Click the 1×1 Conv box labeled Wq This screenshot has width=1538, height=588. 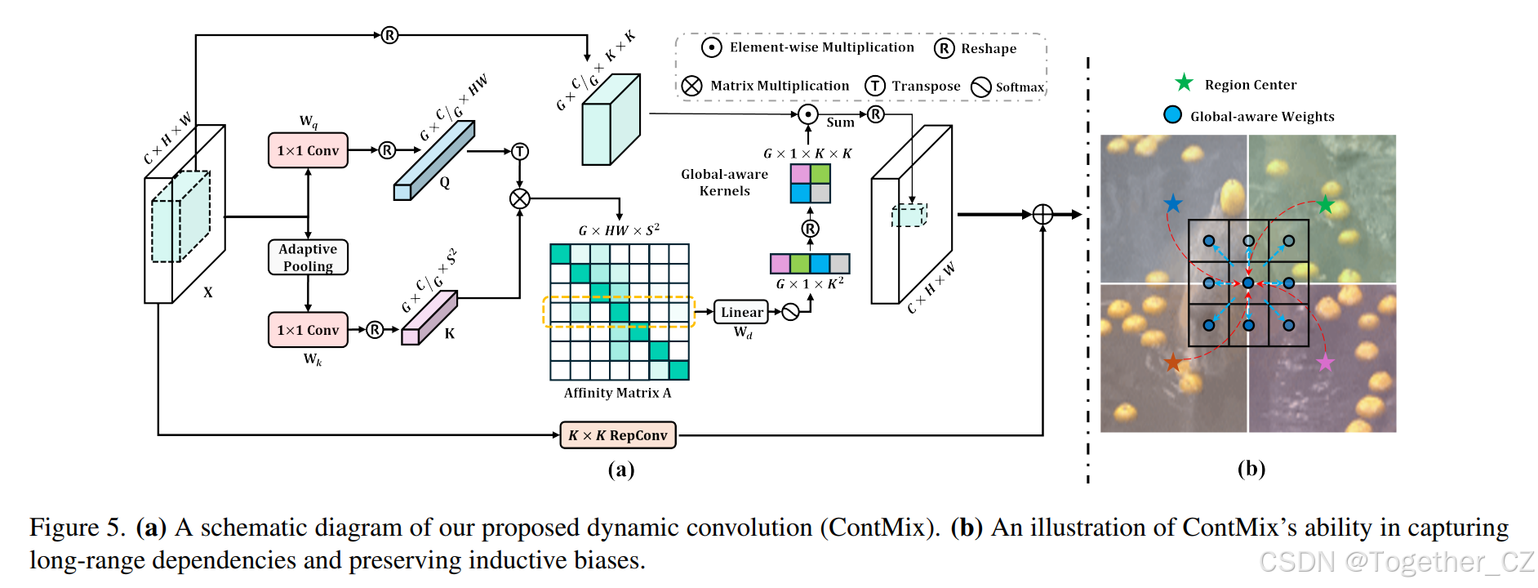(x=308, y=150)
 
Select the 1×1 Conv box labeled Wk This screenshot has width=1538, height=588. (x=308, y=330)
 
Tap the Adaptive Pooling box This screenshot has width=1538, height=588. (x=308, y=257)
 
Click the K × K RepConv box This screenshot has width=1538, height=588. (x=618, y=435)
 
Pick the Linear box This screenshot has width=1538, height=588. (x=741, y=312)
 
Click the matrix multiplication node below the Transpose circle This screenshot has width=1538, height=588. (x=520, y=198)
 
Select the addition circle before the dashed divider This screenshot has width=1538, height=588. (x=1042, y=214)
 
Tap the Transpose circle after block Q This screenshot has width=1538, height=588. (x=520, y=151)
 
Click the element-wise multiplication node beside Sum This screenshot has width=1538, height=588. (x=807, y=114)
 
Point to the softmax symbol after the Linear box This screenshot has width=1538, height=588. (x=790, y=312)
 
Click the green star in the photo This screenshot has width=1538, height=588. (x=1325, y=205)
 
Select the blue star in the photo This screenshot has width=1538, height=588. (x=1173, y=203)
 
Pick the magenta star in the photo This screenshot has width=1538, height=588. (x=1325, y=362)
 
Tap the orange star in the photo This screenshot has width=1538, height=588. (x=1173, y=362)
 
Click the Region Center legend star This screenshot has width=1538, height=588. (x=1184, y=82)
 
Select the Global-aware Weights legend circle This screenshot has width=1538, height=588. (x=1172, y=114)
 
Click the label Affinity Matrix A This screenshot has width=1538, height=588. (x=617, y=393)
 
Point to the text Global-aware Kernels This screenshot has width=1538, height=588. (x=724, y=182)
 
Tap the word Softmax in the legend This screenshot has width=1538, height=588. (x=1020, y=87)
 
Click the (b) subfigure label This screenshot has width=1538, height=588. (x=1251, y=468)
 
